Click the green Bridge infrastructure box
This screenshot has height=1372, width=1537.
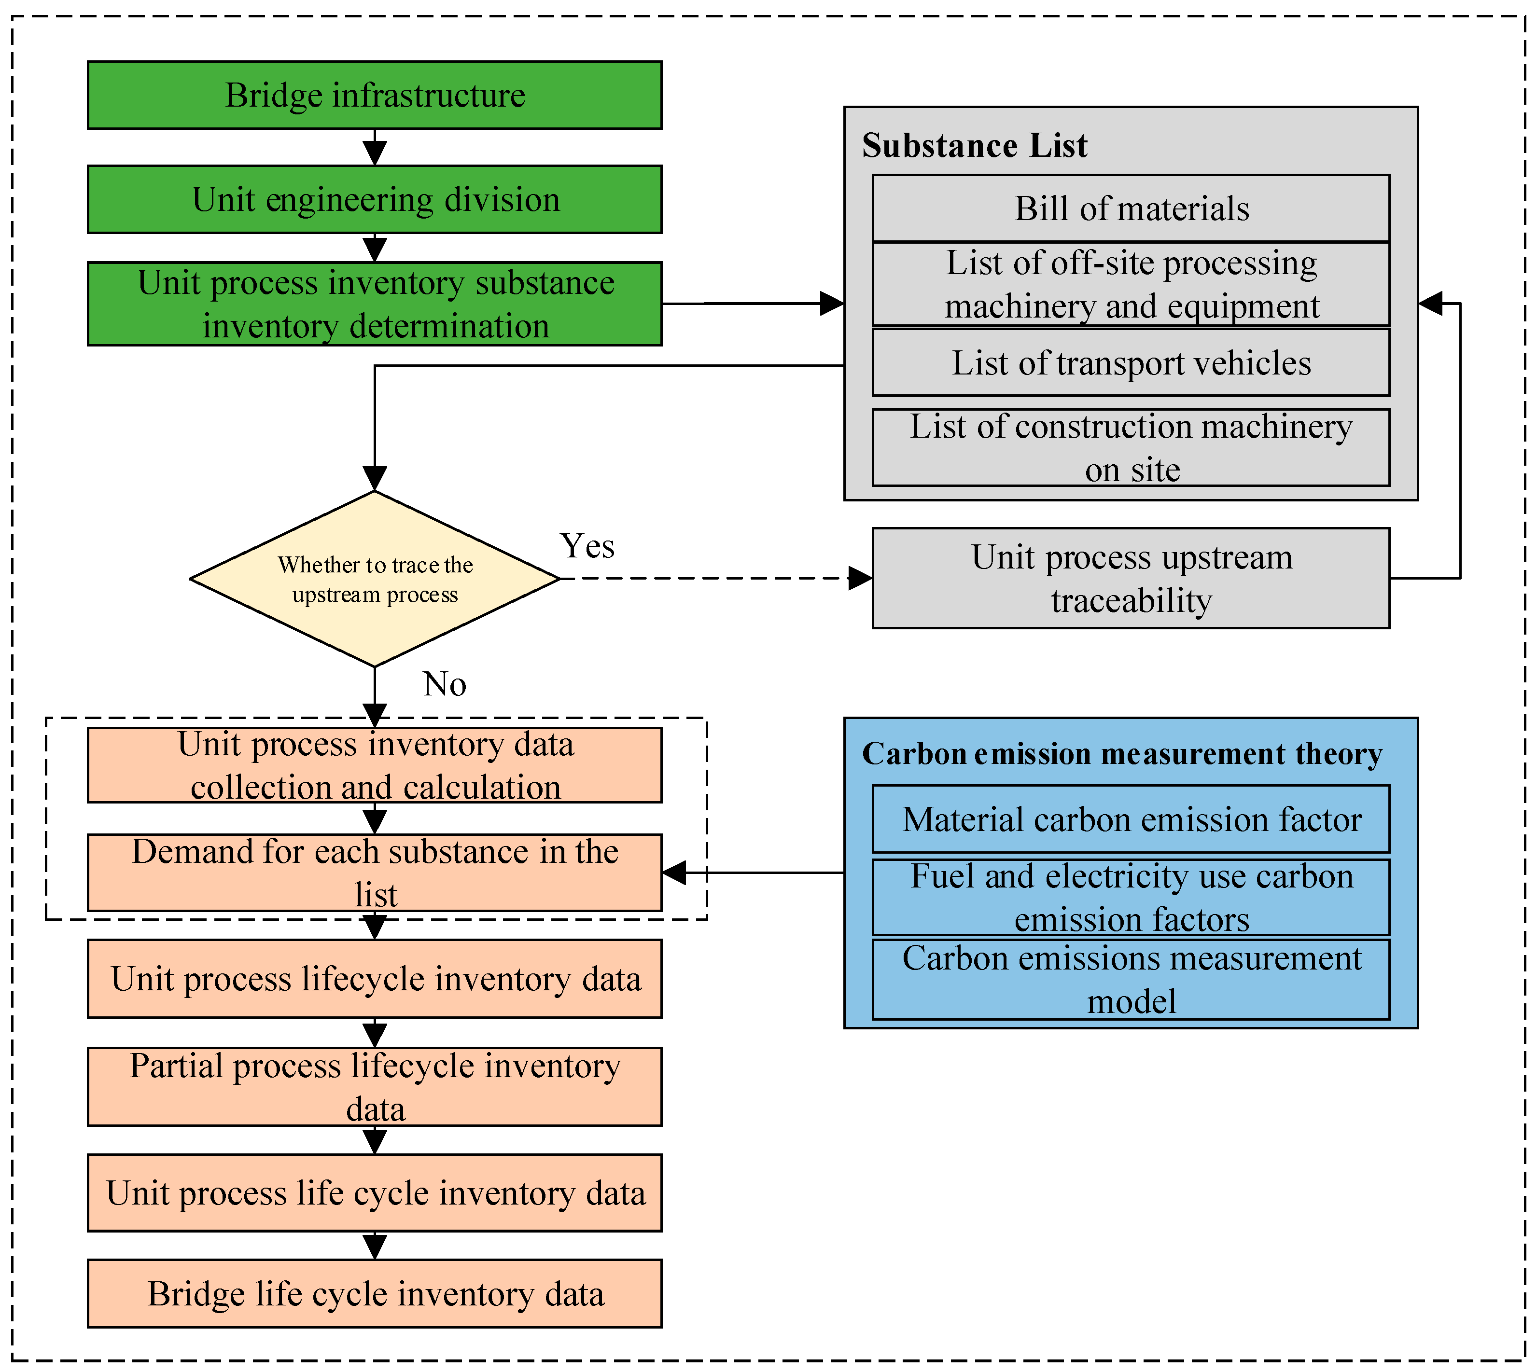click(375, 95)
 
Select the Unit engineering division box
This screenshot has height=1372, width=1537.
click(375, 199)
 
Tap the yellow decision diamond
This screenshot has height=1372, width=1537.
click(375, 579)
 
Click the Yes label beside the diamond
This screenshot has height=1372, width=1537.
click(587, 546)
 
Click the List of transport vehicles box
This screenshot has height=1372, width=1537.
click(1131, 362)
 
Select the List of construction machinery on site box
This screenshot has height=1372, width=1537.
click(1131, 448)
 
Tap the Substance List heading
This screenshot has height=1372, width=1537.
click(975, 145)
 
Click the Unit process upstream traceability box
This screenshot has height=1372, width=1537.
click(1131, 578)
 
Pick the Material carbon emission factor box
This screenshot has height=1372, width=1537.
click(1131, 819)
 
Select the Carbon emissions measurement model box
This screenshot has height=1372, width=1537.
click(1131, 979)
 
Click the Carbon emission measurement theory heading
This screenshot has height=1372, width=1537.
click(1122, 754)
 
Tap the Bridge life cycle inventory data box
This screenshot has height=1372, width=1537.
click(375, 1294)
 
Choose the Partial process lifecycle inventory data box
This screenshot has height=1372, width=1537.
click(375, 1087)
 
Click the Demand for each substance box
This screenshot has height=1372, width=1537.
click(375, 873)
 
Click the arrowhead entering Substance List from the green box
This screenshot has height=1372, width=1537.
click(832, 304)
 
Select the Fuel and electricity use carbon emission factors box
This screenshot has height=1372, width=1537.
click(1131, 897)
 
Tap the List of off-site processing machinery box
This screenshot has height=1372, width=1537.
click(1131, 284)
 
